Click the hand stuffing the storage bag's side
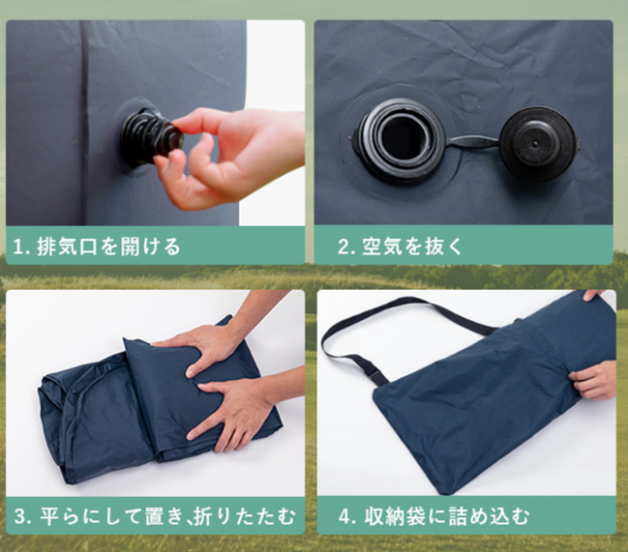pyautogui.click(x=594, y=378)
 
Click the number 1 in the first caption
pyautogui.click(x=20, y=247)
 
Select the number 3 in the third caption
pyautogui.click(x=20, y=515)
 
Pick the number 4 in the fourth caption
pyautogui.click(x=344, y=515)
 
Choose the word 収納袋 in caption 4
pyautogui.click(x=396, y=515)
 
